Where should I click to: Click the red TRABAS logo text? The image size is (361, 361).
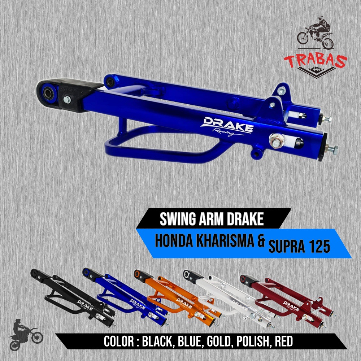click(x=316, y=61)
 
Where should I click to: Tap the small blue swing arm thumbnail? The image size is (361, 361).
click(x=123, y=296)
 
